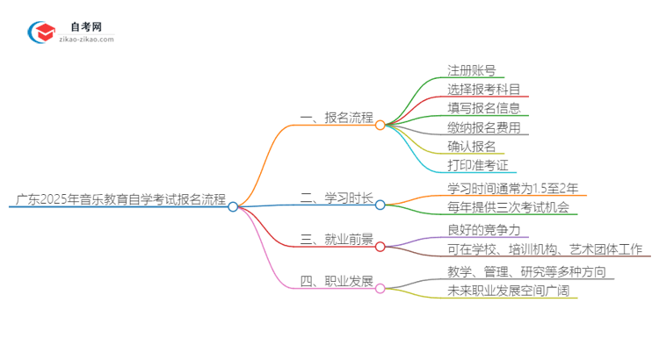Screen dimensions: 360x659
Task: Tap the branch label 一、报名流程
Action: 337,117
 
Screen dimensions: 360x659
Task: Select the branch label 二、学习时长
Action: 337,198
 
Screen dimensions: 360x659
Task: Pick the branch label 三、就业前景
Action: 337,240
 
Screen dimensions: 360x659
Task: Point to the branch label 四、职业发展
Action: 337,282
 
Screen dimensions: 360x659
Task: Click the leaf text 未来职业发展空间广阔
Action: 508,292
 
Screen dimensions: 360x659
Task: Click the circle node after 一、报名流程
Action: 380,126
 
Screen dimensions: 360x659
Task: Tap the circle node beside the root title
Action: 233,207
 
